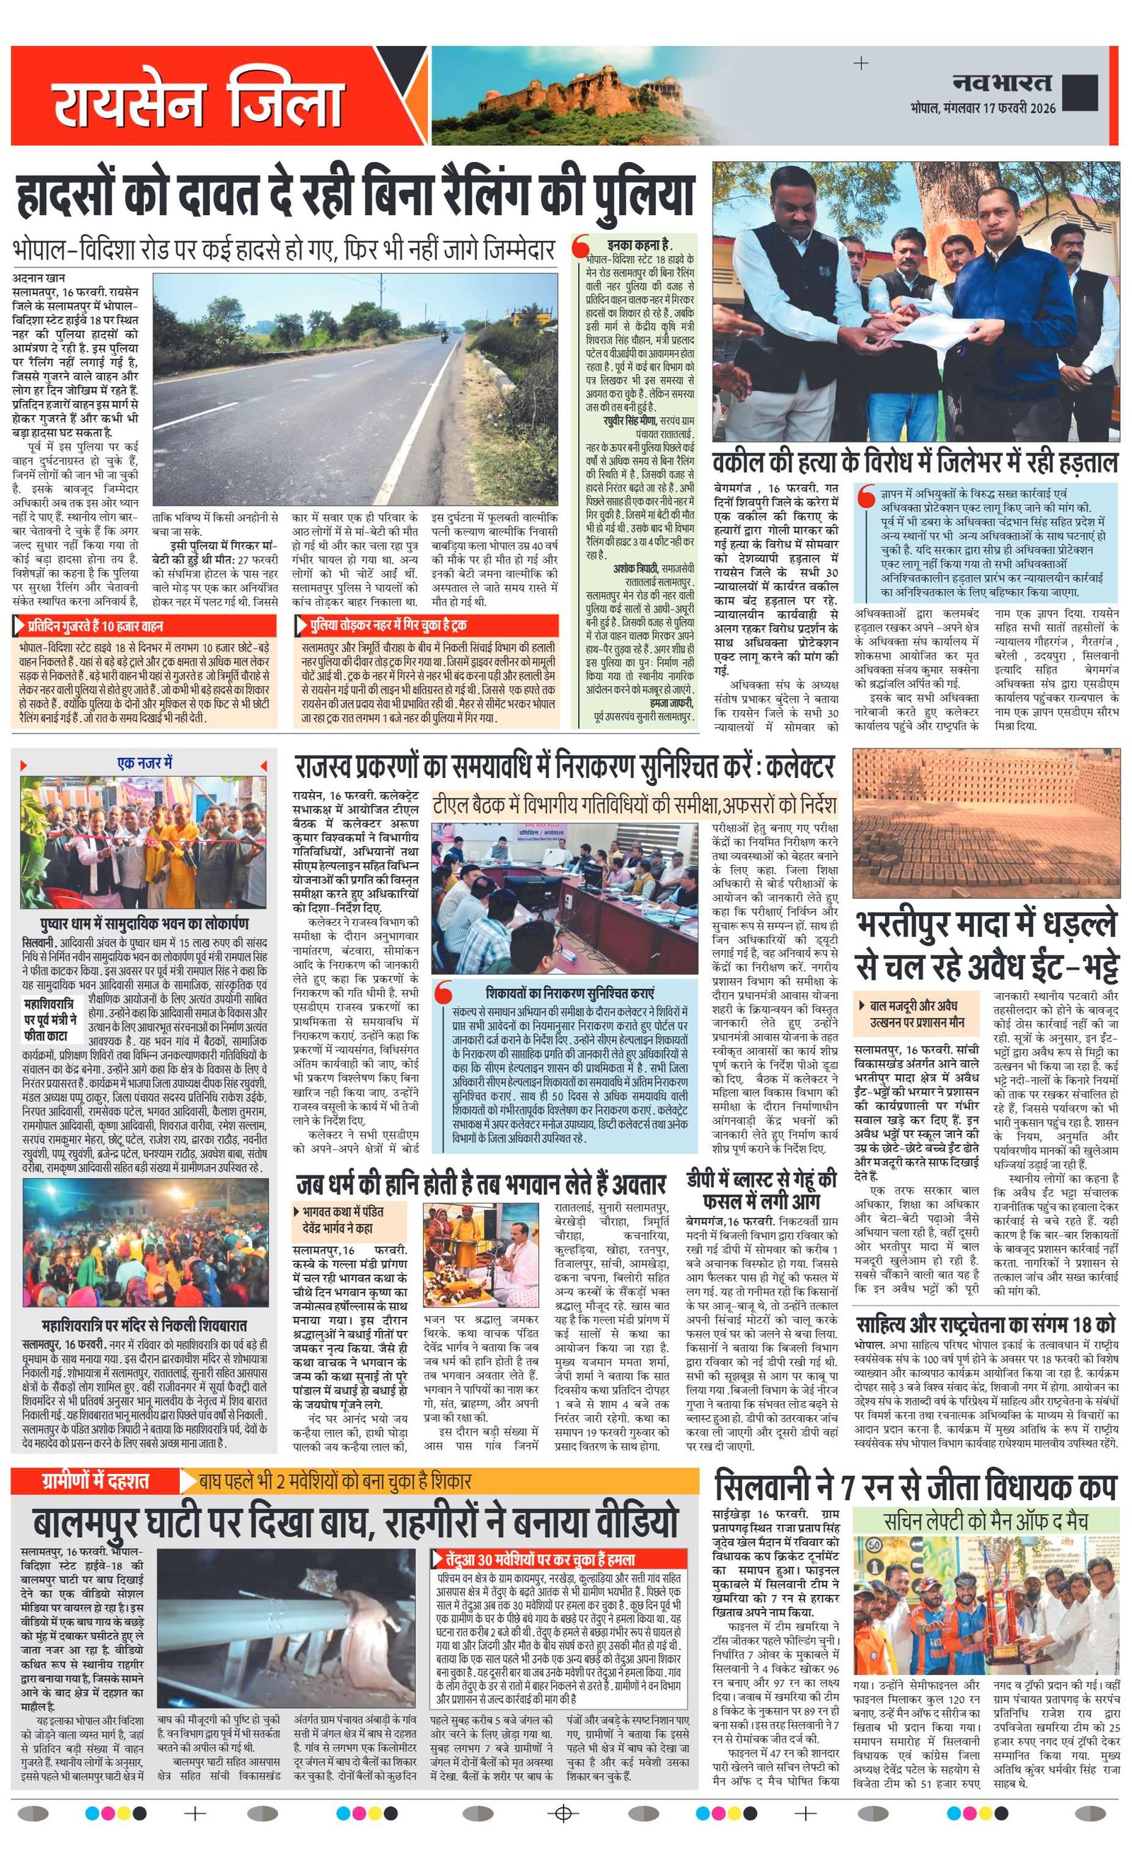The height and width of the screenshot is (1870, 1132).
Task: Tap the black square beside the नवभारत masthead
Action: [x=1080, y=93]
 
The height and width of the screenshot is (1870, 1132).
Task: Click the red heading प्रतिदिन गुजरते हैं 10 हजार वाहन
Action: [x=96, y=626]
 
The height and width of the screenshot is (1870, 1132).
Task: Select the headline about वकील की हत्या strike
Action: [x=916, y=462]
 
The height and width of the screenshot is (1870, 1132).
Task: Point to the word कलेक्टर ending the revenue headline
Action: [x=800, y=767]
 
